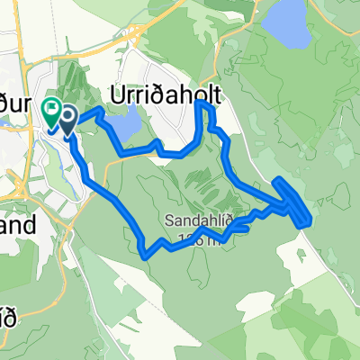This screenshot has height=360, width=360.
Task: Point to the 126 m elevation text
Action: click(x=199, y=238)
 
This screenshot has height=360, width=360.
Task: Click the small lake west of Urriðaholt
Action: click(x=130, y=120)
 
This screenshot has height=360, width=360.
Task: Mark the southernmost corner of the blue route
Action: click(x=147, y=255)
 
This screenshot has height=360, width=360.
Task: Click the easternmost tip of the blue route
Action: click(x=311, y=216)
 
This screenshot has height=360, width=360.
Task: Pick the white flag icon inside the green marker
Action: click(x=51, y=111)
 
